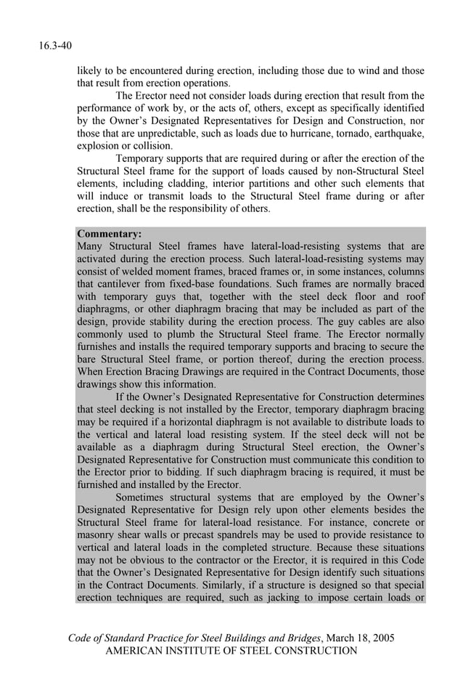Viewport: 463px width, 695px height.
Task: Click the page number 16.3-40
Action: coord(55,46)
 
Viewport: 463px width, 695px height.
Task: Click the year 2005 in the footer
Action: coord(382,638)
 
